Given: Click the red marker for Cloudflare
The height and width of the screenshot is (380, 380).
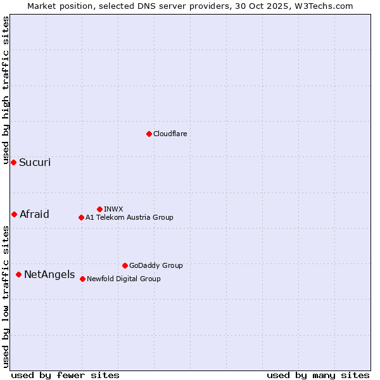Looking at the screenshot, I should [x=149, y=134].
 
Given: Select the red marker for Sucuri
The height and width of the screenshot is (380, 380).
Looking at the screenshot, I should [x=13, y=163].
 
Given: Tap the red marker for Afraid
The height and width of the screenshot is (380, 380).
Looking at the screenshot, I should [x=14, y=214].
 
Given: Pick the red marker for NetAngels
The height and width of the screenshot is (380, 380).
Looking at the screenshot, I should [x=18, y=274].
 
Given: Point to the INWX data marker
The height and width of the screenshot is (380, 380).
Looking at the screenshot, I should [x=99, y=209].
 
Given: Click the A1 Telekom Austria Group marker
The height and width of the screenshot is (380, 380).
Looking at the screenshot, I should [x=81, y=217].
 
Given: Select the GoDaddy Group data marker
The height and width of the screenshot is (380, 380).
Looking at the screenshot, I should [x=125, y=265].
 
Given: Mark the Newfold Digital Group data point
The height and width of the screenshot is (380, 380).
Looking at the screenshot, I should [x=82, y=279].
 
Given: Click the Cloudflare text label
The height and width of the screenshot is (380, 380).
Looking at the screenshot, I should [x=170, y=134].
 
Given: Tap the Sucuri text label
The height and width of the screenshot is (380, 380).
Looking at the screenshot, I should [x=35, y=163].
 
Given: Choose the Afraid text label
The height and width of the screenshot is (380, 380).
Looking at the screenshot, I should [x=34, y=214].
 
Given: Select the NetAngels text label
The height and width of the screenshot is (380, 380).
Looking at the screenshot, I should [x=49, y=275].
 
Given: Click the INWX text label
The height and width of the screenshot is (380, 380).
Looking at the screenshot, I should [x=113, y=209].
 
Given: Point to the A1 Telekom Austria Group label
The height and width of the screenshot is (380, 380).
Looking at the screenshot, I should [x=129, y=217].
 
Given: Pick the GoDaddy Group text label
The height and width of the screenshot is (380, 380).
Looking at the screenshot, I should [x=156, y=265].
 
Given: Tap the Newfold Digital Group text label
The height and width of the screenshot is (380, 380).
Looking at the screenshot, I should [x=123, y=279].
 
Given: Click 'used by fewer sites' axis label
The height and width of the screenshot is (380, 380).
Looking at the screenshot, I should [x=65, y=375].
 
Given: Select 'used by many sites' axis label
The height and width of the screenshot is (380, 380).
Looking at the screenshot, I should [x=318, y=375].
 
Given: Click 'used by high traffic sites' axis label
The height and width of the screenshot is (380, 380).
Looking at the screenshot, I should [x=6, y=90].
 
